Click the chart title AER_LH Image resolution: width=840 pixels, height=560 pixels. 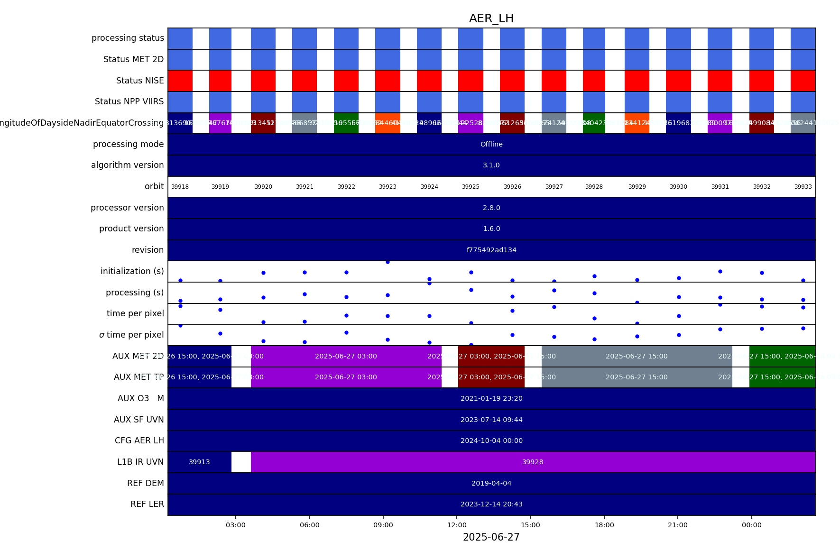coord(491,18)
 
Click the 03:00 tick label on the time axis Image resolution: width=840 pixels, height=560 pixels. coord(236,525)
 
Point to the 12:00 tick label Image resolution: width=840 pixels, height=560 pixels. coord(457,525)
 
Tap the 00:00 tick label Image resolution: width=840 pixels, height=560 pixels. coord(751,525)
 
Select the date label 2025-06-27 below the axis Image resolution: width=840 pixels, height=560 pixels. coord(491,537)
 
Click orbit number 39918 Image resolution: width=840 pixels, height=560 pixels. coord(180,187)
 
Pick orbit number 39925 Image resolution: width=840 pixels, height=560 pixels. coord(471,187)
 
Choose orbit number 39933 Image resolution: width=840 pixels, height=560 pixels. coord(803,187)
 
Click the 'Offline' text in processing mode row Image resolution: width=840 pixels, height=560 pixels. coord(491,144)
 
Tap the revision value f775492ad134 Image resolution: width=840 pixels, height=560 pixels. coord(491,250)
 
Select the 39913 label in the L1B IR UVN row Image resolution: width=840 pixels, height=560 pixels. coord(199,462)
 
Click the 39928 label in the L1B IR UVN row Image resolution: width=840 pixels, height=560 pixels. coord(533,462)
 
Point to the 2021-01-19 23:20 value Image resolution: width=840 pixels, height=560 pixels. coord(491,398)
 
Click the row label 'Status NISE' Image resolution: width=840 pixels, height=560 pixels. coord(140,81)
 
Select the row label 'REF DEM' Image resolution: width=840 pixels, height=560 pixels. coord(145,483)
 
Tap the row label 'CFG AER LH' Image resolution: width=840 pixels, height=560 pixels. coord(139,441)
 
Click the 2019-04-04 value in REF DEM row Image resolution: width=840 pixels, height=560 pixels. coord(491,483)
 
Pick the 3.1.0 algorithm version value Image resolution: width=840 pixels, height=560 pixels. coord(491,165)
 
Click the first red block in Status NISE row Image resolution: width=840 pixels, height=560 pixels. coord(180,81)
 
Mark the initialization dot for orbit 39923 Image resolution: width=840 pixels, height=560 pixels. coord(388,262)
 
